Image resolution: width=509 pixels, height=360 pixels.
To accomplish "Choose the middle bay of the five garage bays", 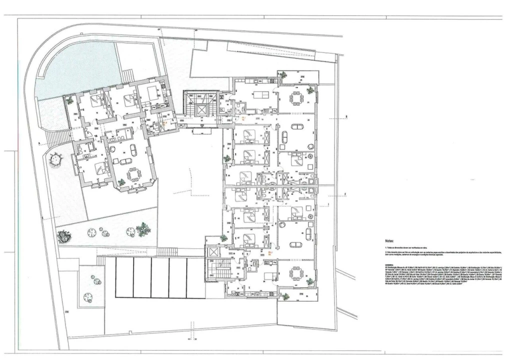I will click(x=160, y=277).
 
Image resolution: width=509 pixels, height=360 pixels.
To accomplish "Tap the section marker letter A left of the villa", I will click(x=38, y=143).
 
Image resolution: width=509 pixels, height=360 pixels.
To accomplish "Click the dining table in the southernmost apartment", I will click(x=296, y=272).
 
